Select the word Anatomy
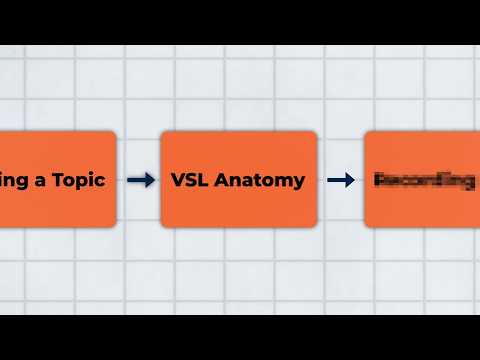[259, 181]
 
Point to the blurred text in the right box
[424, 181]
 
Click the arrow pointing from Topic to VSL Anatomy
[141, 180]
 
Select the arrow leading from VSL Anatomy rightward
[341, 180]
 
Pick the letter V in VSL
[178, 181]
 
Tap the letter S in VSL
[191, 181]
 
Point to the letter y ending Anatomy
[299, 183]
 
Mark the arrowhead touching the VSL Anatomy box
[150, 180]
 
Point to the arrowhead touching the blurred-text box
[350, 180]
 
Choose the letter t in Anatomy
[255, 181]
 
